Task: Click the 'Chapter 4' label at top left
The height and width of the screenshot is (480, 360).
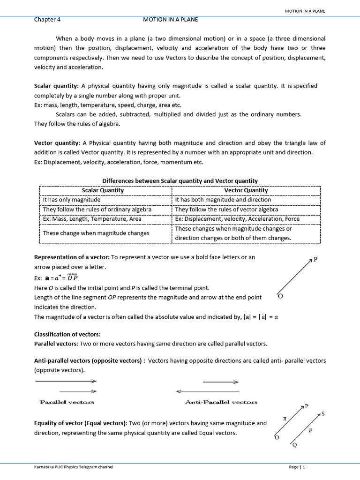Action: [x=47, y=20]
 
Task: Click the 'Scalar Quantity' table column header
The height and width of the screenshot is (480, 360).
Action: [x=103, y=190]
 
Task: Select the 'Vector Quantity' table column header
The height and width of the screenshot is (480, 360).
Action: [x=246, y=190]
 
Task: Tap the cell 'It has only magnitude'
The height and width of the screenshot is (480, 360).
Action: [x=72, y=200]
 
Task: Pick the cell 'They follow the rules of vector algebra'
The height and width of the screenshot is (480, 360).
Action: [x=226, y=210]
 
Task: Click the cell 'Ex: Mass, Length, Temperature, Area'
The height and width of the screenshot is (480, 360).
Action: [x=92, y=219]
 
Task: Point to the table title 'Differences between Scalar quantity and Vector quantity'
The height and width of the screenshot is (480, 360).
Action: [x=180, y=181]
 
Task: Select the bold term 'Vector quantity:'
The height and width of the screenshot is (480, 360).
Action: [x=57, y=143]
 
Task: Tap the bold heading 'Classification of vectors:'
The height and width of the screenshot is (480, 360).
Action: [x=67, y=334]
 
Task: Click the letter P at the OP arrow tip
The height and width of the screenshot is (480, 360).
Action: [x=315, y=259]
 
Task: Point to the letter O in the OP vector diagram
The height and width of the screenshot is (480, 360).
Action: [x=280, y=297]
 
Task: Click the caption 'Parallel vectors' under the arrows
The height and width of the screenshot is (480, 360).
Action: [x=67, y=402]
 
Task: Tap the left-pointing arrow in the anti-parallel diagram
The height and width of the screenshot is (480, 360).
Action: [x=207, y=391]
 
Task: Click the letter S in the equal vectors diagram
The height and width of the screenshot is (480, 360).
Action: [x=323, y=414]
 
